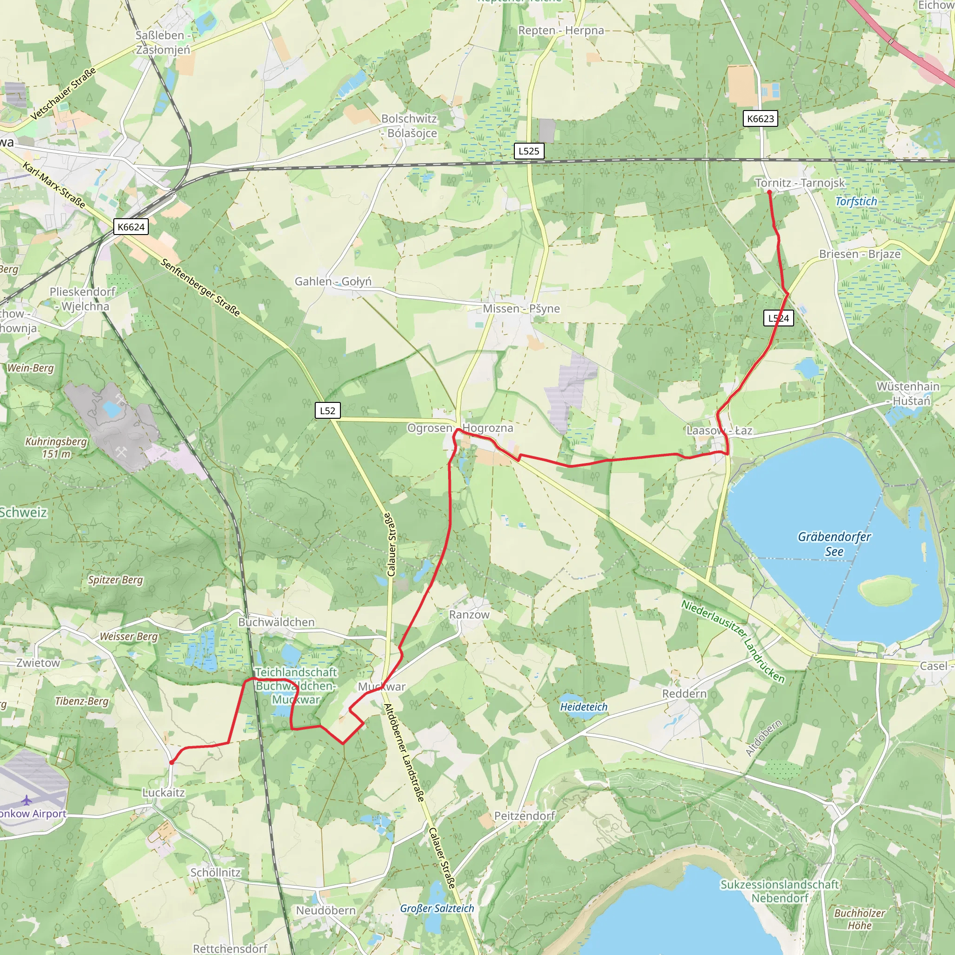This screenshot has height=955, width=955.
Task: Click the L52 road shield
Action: tap(327, 410)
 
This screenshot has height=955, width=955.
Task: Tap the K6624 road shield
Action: tap(131, 227)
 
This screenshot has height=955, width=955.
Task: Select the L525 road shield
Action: tap(529, 151)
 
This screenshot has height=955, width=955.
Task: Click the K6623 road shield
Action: tap(760, 118)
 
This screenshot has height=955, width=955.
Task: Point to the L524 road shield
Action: tap(779, 318)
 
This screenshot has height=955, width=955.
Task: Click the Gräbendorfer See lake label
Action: tap(834, 544)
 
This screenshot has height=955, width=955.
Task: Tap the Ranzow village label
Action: tap(469, 615)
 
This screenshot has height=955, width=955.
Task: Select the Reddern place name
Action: tap(684, 693)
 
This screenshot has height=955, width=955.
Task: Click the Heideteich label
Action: tap(584, 707)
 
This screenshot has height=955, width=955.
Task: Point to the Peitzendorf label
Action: tap(525, 816)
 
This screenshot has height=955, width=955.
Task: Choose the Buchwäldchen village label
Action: tap(277, 622)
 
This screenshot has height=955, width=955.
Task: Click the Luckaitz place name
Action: tap(163, 792)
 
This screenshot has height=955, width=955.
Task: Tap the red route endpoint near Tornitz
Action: tap(769, 192)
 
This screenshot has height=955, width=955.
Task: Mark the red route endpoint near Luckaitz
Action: tap(172, 763)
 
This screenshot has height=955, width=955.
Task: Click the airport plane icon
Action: tap(26, 800)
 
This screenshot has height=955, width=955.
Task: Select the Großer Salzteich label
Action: tap(437, 908)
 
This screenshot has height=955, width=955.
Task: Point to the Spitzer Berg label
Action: tap(115, 580)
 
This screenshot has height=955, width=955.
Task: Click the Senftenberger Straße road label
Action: tap(200, 287)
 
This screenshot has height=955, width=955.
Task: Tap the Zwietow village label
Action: tap(38, 663)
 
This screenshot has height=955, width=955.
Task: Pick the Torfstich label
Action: tap(856, 201)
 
